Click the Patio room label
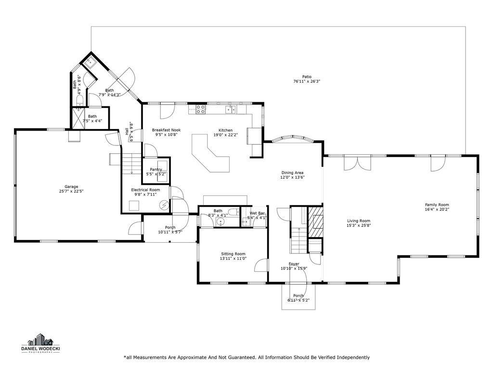pyautogui.click(x=307, y=77)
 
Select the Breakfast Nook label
pyautogui.click(x=166, y=130)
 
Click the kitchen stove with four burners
pyautogui.click(x=201, y=109)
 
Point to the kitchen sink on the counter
pyautogui.click(x=231, y=110)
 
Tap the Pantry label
pyautogui.click(x=156, y=169)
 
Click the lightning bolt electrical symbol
pyautogui.click(x=165, y=205)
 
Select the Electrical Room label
pyautogui.click(x=145, y=190)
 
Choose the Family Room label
pyautogui.click(x=437, y=204)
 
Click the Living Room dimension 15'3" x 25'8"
pyautogui.click(x=359, y=225)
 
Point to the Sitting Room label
pyautogui.click(x=233, y=253)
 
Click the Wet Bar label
pyautogui.click(x=257, y=212)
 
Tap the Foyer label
pyautogui.click(x=294, y=264)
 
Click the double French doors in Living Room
pyautogui.click(x=357, y=163)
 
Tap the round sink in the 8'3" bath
pyautogui.click(x=221, y=222)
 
